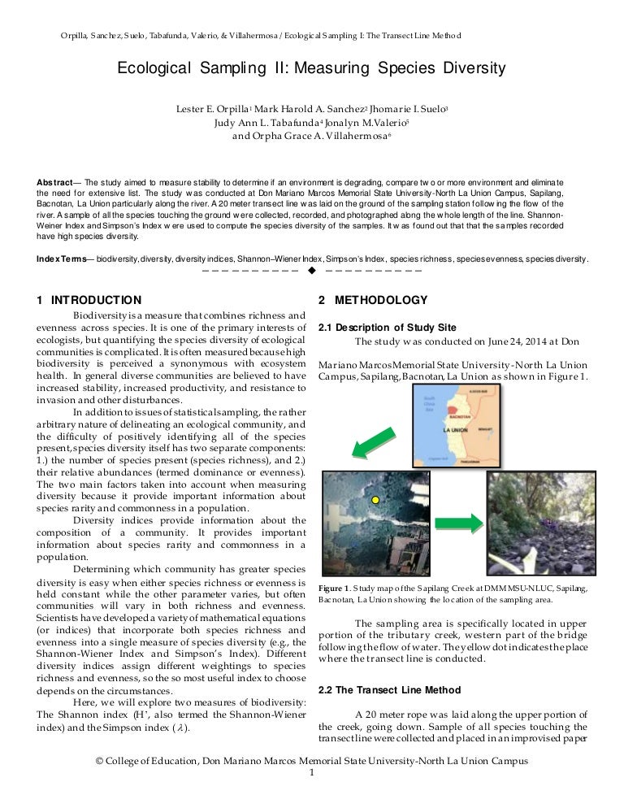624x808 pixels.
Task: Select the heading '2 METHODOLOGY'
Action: point(373,301)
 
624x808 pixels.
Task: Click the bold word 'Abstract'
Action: point(58,182)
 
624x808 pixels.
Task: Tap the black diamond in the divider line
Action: point(312,271)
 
